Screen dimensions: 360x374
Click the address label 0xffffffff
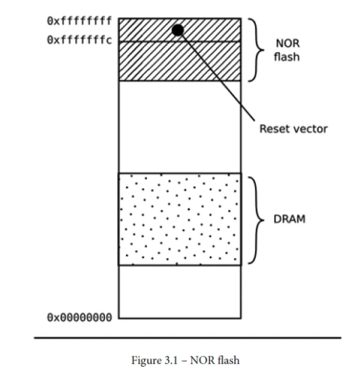(x=79, y=21)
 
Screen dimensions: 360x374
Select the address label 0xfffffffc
(x=79, y=40)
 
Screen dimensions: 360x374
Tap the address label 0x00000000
(x=79, y=318)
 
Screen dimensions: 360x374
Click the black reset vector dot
(x=177, y=30)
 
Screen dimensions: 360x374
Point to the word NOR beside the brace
(x=288, y=43)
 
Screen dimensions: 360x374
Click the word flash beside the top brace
(x=287, y=57)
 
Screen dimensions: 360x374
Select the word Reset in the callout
(x=273, y=129)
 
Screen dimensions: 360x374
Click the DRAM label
(x=289, y=219)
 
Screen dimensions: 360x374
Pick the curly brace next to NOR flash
(x=256, y=50)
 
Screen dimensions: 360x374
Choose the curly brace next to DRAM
(x=256, y=220)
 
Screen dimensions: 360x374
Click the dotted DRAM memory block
(x=180, y=220)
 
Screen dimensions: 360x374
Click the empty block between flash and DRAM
(x=180, y=127)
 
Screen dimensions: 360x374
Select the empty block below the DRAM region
(x=180, y=292)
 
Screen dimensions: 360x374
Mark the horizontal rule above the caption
(x=187, y=337)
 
